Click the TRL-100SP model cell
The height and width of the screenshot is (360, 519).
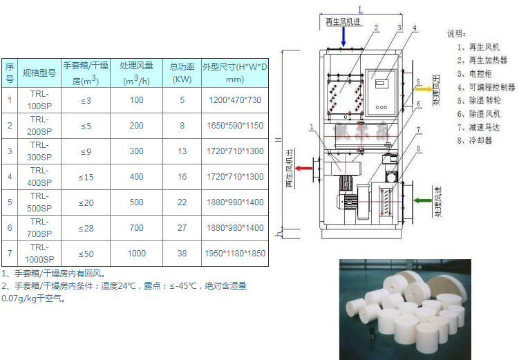(x=39, y=100)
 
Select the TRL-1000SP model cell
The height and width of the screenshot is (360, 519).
(x=39, y=253)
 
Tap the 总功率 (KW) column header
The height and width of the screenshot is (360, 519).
(x=182, y=72)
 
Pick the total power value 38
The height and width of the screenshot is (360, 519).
(x=182, y=253)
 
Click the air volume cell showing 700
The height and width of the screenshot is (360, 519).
(x=136, y=227)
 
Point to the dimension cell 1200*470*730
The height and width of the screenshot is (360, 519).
(x=235, y=100)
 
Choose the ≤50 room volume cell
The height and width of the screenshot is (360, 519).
(x=86, y=253)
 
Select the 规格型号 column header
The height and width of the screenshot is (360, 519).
(x=39, y=72)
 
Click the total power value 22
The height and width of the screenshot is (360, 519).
(x=182, y=202)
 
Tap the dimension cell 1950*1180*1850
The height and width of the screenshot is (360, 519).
(x=235, y=253)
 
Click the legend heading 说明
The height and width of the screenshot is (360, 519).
(x=456, y=33)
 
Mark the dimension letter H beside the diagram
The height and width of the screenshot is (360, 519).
(x=276, y=138)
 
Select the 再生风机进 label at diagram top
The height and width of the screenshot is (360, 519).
(x=343, y=21)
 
